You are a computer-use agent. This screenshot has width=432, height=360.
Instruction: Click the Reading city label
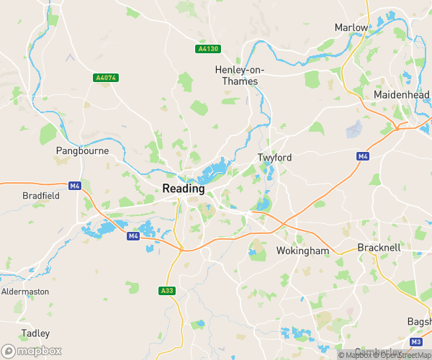pos(184,188)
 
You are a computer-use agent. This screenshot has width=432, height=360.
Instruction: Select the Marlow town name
pos(351,27)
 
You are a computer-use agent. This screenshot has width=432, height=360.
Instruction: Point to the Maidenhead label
pos(402,95)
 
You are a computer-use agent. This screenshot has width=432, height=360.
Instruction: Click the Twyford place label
pos(274,157)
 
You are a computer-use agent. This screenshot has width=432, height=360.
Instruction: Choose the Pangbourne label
pos(82,151)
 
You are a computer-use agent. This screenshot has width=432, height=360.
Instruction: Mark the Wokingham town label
pos(302,251)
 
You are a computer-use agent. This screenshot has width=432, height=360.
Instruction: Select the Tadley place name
pos(35,333)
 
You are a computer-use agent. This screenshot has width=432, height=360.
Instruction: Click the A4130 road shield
pos(207,49)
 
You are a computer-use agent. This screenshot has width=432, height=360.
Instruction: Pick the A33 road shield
pos(166,291)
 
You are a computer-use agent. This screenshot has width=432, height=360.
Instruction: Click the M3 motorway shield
pos(416,341)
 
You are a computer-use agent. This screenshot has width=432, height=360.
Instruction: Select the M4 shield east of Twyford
pos(363,156)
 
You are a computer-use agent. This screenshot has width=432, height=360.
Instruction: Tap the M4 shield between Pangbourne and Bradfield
pos(75,186)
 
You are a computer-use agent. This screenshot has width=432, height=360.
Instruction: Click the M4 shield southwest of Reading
pos(132,236)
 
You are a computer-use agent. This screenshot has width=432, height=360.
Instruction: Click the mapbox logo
pos(31,350)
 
